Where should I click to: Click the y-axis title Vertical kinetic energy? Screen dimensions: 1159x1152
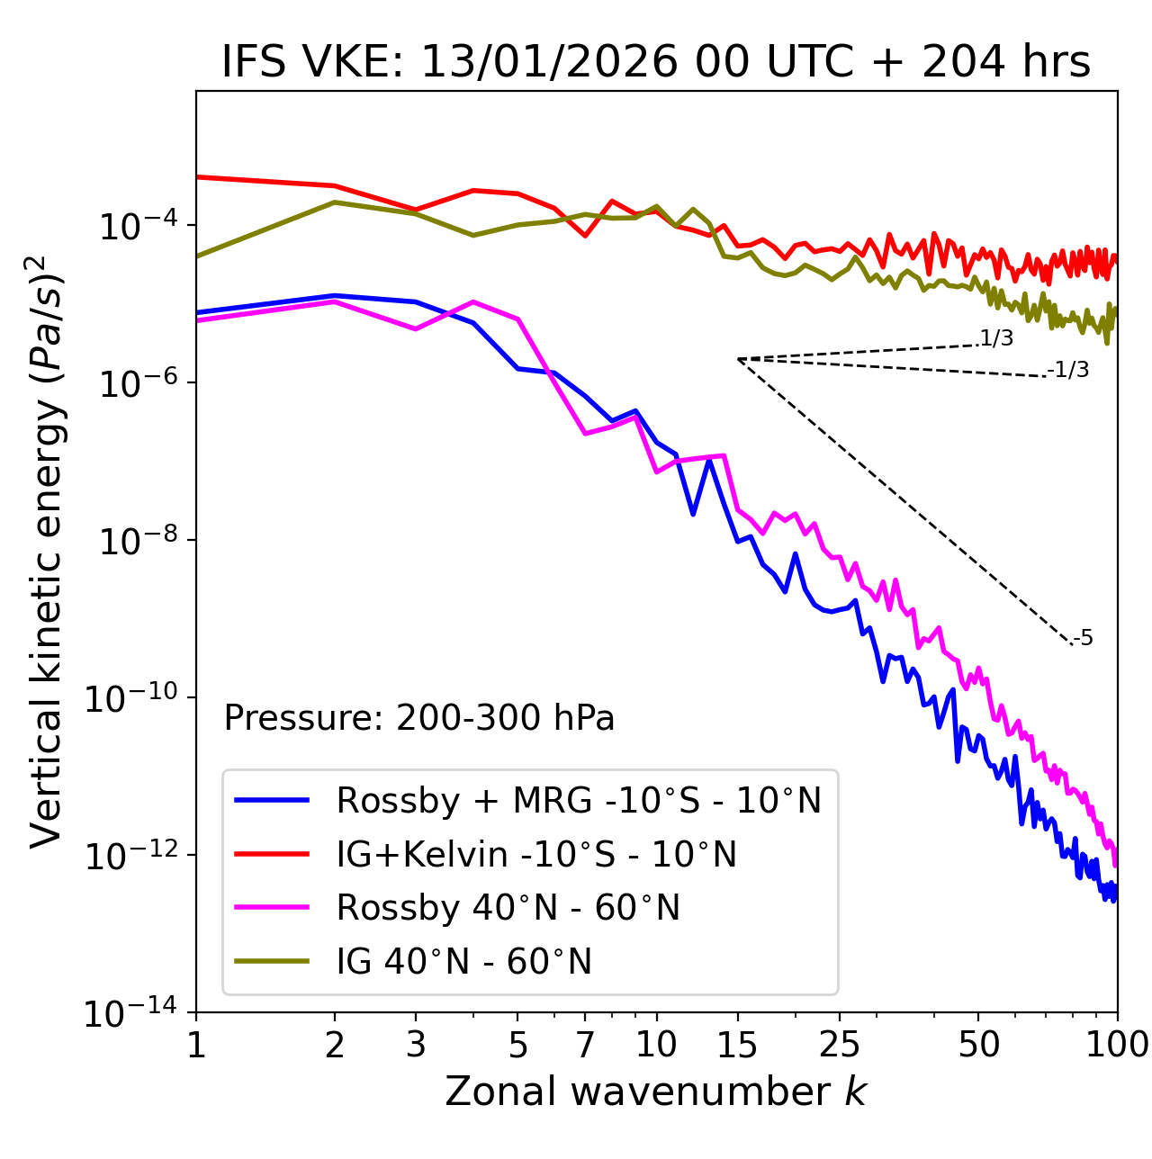47,549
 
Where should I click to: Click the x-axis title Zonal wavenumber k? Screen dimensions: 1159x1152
655,1091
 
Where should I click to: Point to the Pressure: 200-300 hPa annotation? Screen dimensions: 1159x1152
419,718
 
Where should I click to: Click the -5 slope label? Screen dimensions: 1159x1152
1083,639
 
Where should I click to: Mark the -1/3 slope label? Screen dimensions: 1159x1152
1068,370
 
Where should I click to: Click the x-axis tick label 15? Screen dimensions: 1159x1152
737,1044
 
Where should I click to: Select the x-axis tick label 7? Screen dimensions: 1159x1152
585,1044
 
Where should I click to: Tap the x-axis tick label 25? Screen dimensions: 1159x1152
840,1044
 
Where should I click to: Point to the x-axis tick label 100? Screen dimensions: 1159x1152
1117,1044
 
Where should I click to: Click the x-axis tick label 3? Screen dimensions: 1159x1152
415,1044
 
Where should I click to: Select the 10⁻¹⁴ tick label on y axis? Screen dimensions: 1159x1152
129,1013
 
